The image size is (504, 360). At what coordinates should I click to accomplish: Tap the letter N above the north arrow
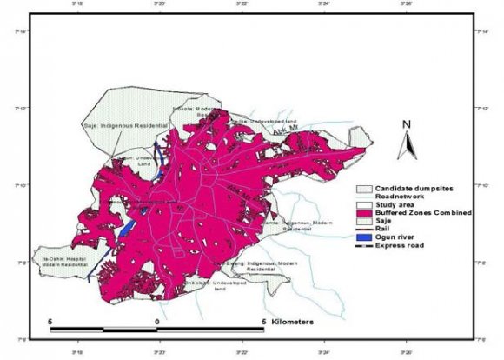[405, 124]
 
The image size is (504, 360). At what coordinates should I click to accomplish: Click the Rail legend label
[383, 229]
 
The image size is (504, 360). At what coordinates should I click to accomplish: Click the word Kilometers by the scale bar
[293, 322]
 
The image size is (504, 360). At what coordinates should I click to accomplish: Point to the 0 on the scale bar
[156, 322]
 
